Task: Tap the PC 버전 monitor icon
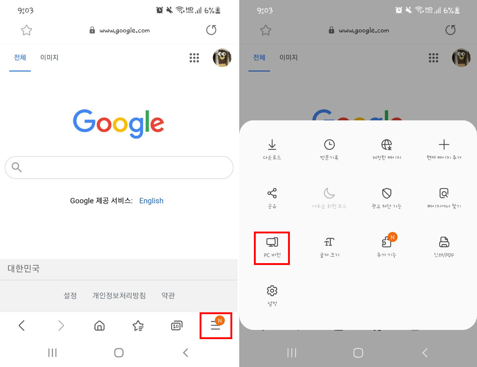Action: [272, 242]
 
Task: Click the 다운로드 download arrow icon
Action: [272, 145]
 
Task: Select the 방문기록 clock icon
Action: [329, 145]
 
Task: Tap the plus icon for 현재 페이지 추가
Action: [444, 145]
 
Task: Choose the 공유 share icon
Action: [272, 193]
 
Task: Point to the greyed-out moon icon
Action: [329, 193]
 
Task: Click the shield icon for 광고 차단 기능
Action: [387, 193]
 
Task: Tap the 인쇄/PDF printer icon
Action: [444, 242]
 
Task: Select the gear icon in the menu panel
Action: [272, 291]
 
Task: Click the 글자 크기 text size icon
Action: [329, 242]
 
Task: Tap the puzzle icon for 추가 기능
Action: [387, 242]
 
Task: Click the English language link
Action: [151, 201]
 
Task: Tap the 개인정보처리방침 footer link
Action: [119, 295]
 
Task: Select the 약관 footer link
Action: [168, 295]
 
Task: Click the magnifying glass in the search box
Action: [17, 167]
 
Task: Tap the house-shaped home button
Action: [99, 326]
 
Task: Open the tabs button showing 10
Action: [177, 326]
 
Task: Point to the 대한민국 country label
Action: [23, 268]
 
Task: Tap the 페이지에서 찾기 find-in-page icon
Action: [444, 193]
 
